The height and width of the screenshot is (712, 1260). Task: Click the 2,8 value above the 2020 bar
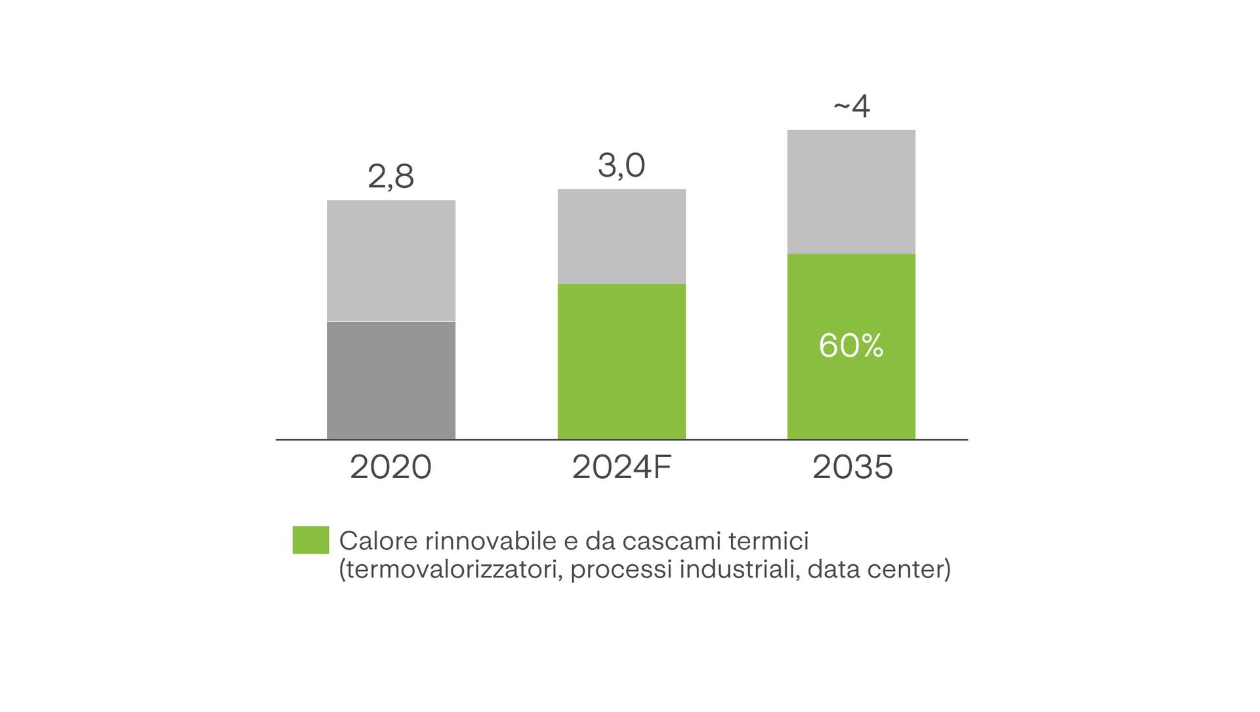click(x=390, y=176)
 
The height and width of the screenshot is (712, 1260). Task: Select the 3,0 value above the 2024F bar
click(x=621, y=165)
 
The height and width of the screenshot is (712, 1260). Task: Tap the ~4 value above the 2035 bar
click(x=851, y=106)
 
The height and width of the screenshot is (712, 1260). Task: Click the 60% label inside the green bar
click(x=851, y=345)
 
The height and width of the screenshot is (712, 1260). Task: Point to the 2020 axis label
click(x=390, y=468)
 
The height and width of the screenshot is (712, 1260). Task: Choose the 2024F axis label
click(x=621, y=468)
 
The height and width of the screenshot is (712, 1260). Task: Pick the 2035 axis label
click(x=852, y=468)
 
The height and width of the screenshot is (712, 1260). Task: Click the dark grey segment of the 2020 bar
click(x=390, y=380)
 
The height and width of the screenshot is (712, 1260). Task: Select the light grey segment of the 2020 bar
click(x=390, y=261)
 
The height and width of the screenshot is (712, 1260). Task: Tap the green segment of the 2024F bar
click(x=621, y=361)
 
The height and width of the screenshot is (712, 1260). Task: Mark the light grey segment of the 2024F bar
click(x=621, y=236)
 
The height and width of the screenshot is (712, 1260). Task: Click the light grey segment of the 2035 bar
click(x=851, y=192)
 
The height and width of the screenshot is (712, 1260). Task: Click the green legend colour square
click(x=310, y=540)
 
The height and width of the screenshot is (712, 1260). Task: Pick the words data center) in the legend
click(x=879, y=569)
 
